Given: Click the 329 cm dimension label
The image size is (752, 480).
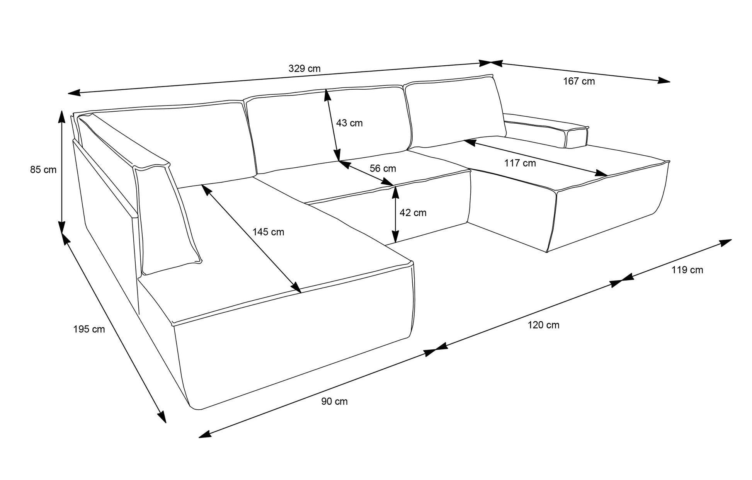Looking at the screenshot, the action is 305,69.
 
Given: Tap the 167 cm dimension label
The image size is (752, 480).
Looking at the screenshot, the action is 579,81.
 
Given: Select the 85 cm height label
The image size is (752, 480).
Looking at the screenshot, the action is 43,170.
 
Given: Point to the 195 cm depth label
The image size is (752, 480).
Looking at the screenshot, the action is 89,329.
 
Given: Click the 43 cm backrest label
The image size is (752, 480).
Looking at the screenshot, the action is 349,123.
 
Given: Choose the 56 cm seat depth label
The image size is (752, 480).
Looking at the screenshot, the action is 383,169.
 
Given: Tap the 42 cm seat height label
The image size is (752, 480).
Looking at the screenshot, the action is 413,213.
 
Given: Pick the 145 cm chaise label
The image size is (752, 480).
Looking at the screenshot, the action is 268,232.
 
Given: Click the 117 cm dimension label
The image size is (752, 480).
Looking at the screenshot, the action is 520,163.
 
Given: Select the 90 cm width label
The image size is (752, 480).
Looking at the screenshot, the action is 335,402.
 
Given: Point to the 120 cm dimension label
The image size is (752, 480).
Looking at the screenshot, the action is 543,325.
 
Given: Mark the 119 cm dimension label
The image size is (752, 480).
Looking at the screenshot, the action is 687,270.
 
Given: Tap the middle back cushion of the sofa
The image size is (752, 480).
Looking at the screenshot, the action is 328,129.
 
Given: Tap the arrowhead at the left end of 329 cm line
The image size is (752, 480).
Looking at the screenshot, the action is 74,93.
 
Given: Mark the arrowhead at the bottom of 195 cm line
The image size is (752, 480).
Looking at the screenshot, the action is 162,417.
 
